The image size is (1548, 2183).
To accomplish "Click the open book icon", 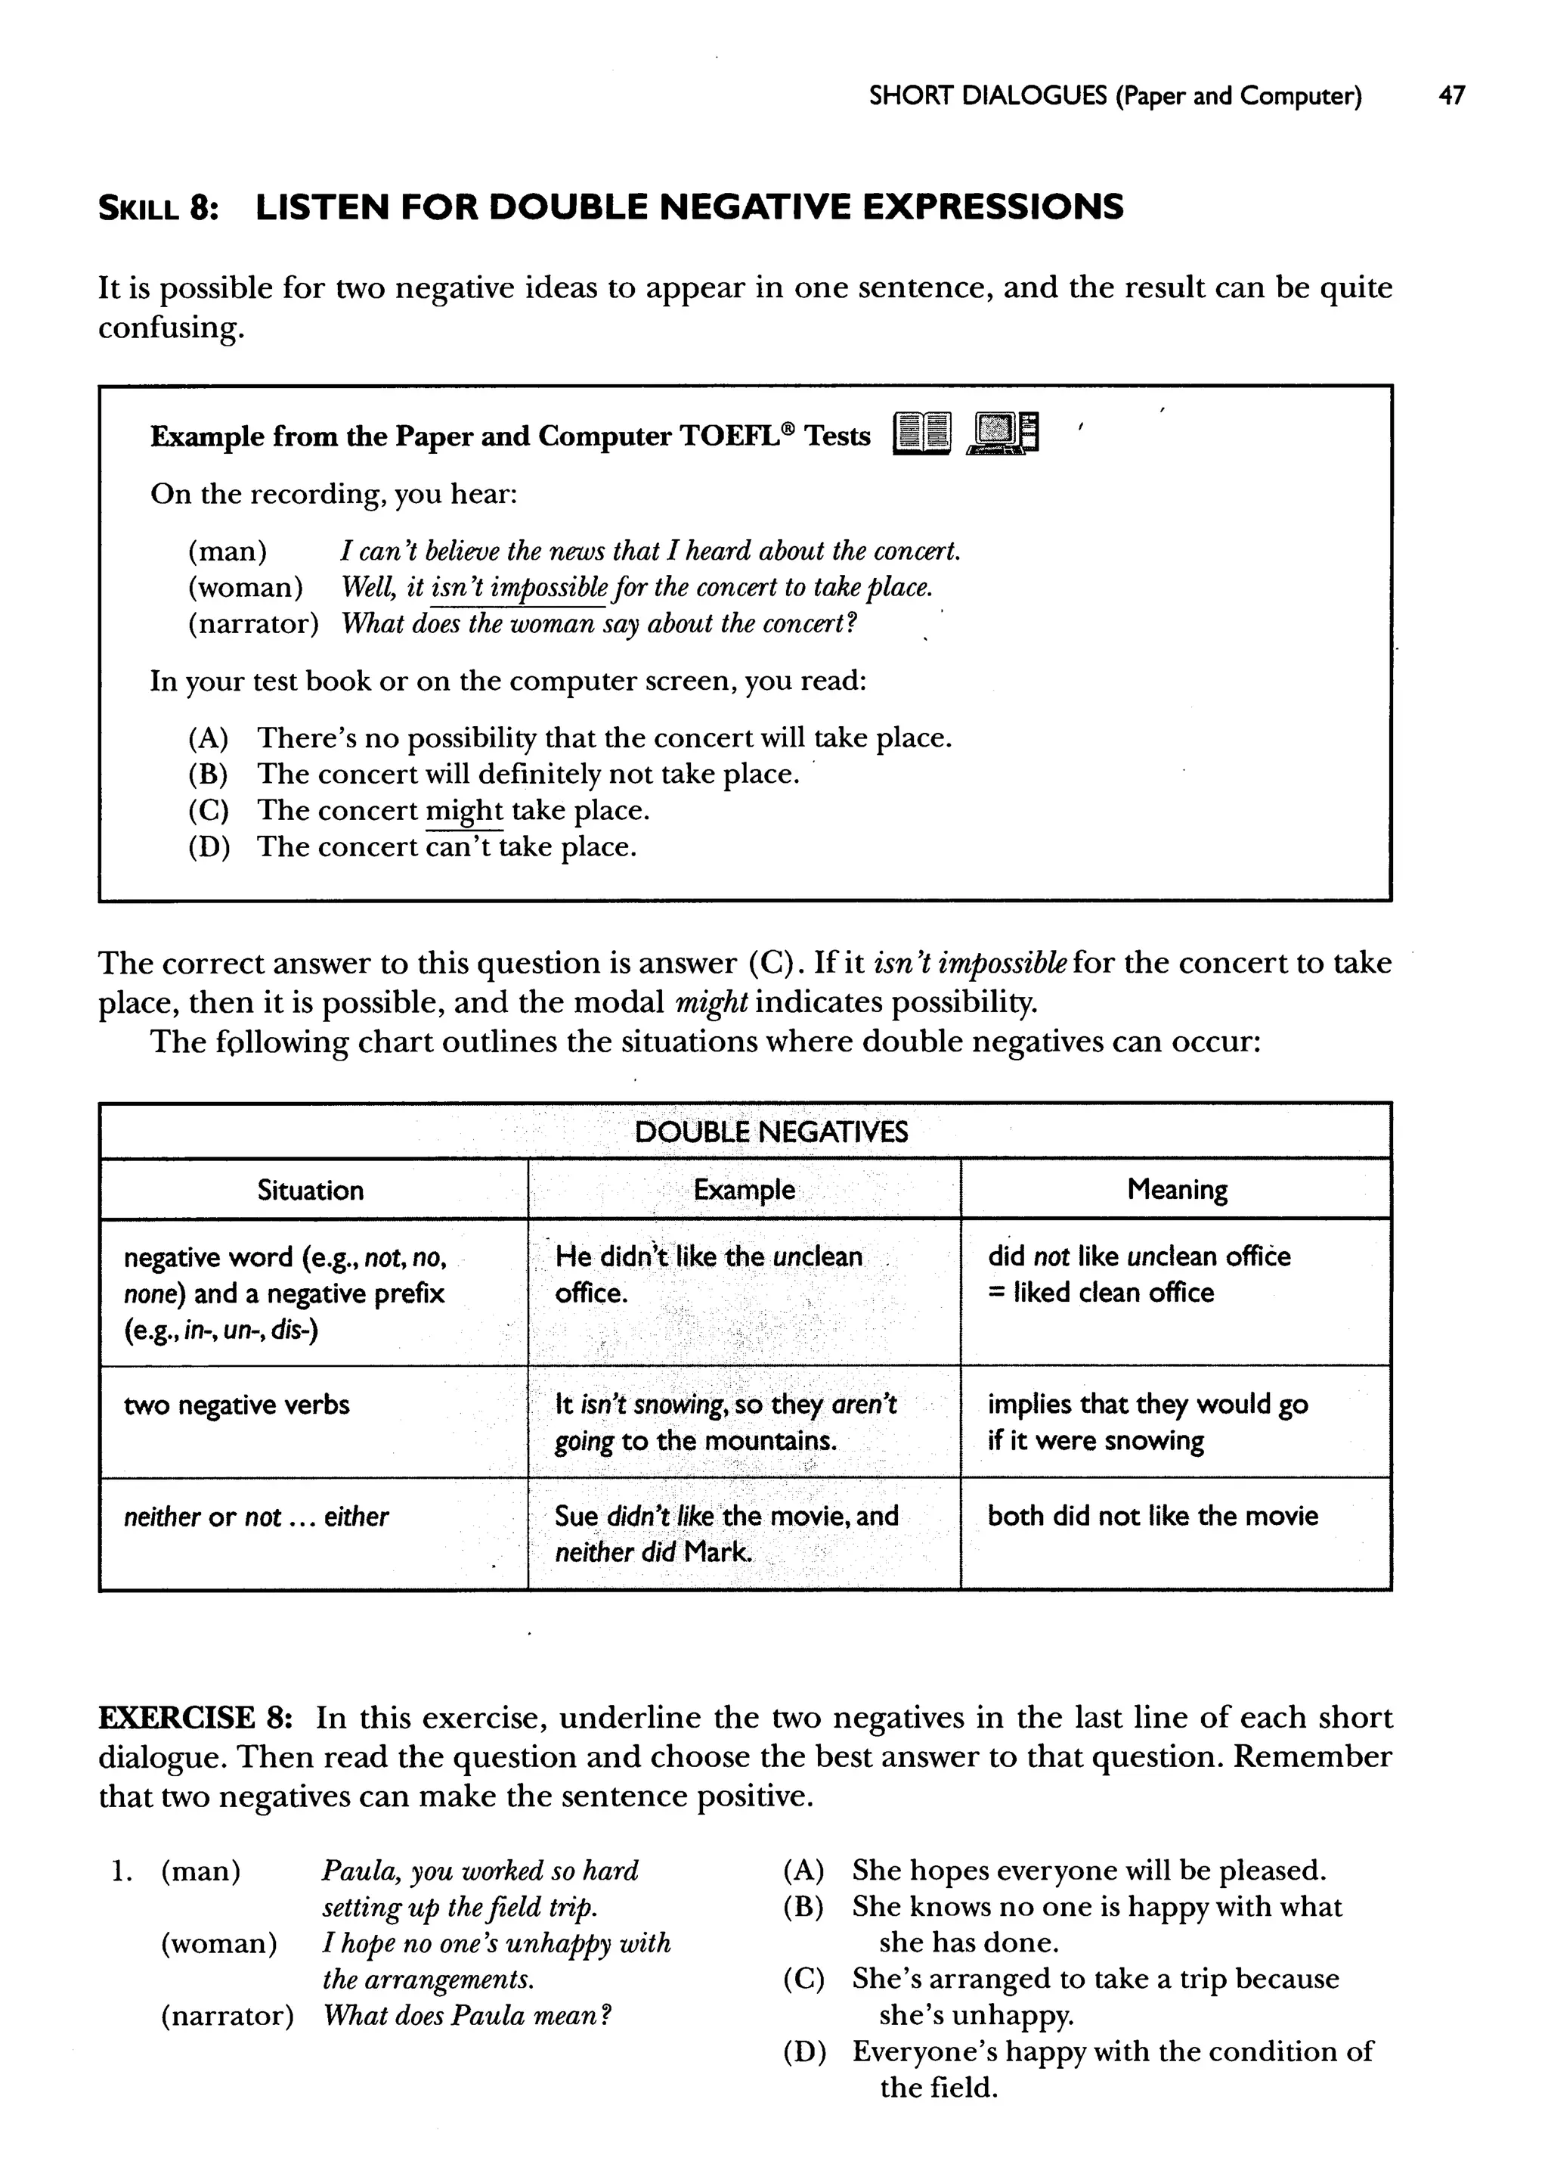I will click(921, 435).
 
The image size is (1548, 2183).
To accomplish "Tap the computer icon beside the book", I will click(1002, 434).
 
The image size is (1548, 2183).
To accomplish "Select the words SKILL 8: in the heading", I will click(158, 208).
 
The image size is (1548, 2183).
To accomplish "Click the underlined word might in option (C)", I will click(463, 811).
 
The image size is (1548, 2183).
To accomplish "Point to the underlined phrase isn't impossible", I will click(519, 588).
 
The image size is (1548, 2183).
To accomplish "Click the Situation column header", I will click(311, 1190).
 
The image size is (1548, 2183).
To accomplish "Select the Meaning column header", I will click(1176, 1189).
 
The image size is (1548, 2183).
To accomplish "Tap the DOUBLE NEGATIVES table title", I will click(771, 1132).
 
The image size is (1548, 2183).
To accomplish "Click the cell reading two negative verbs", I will click(237, 1405).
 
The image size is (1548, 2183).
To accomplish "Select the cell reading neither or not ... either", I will click(255, 1517).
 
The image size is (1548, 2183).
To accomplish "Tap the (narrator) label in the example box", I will click(252, 624).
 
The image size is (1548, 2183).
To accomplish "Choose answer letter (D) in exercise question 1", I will click(803, 2051).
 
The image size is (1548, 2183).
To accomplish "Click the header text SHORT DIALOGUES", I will click(987, 95).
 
